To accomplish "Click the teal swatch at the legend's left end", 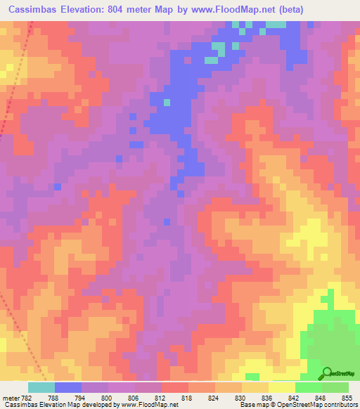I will [41, 387].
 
